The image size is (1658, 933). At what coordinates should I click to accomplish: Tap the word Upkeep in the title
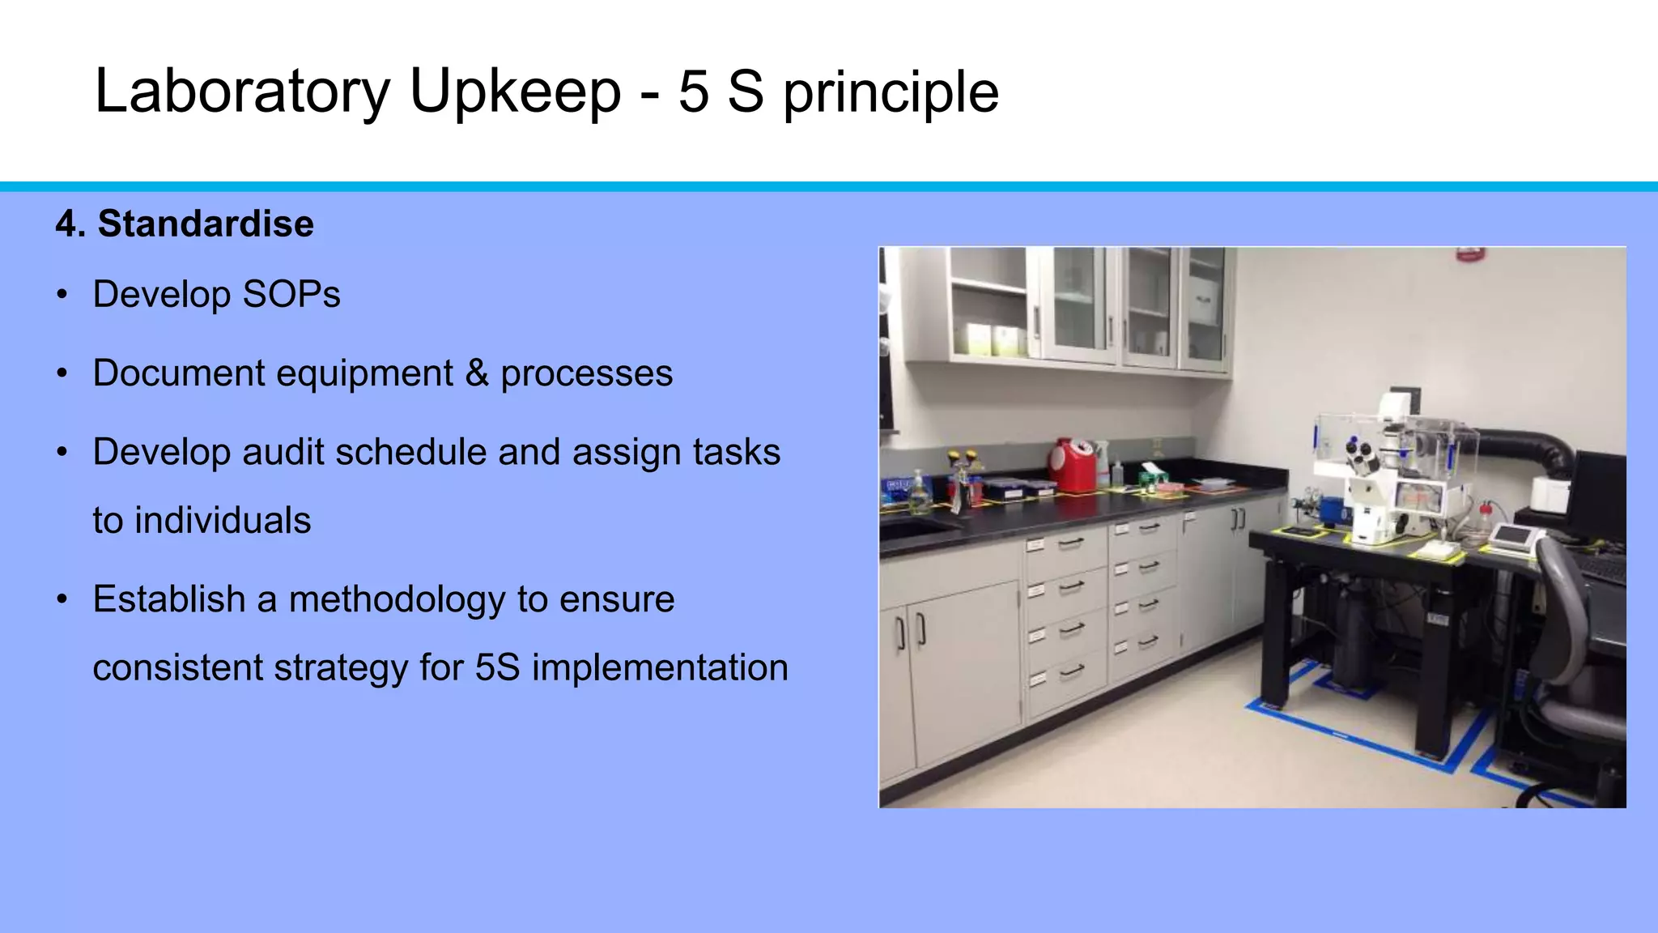tap(516, 91)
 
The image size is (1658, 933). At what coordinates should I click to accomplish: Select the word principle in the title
tap(891, 92)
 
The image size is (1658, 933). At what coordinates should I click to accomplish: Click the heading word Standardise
tap(206, 224)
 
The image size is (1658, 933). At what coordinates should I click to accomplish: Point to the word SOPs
tap(291, 294)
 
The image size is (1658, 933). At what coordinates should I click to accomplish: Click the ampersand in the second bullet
tap(477, 373)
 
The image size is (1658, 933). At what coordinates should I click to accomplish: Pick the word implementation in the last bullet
tap(660, 667)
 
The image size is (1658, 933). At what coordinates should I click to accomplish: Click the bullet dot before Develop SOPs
tap(62, 295)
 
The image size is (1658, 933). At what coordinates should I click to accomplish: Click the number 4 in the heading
tap(66, 224)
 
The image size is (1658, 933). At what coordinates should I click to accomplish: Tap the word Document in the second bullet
tap(179, 373)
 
